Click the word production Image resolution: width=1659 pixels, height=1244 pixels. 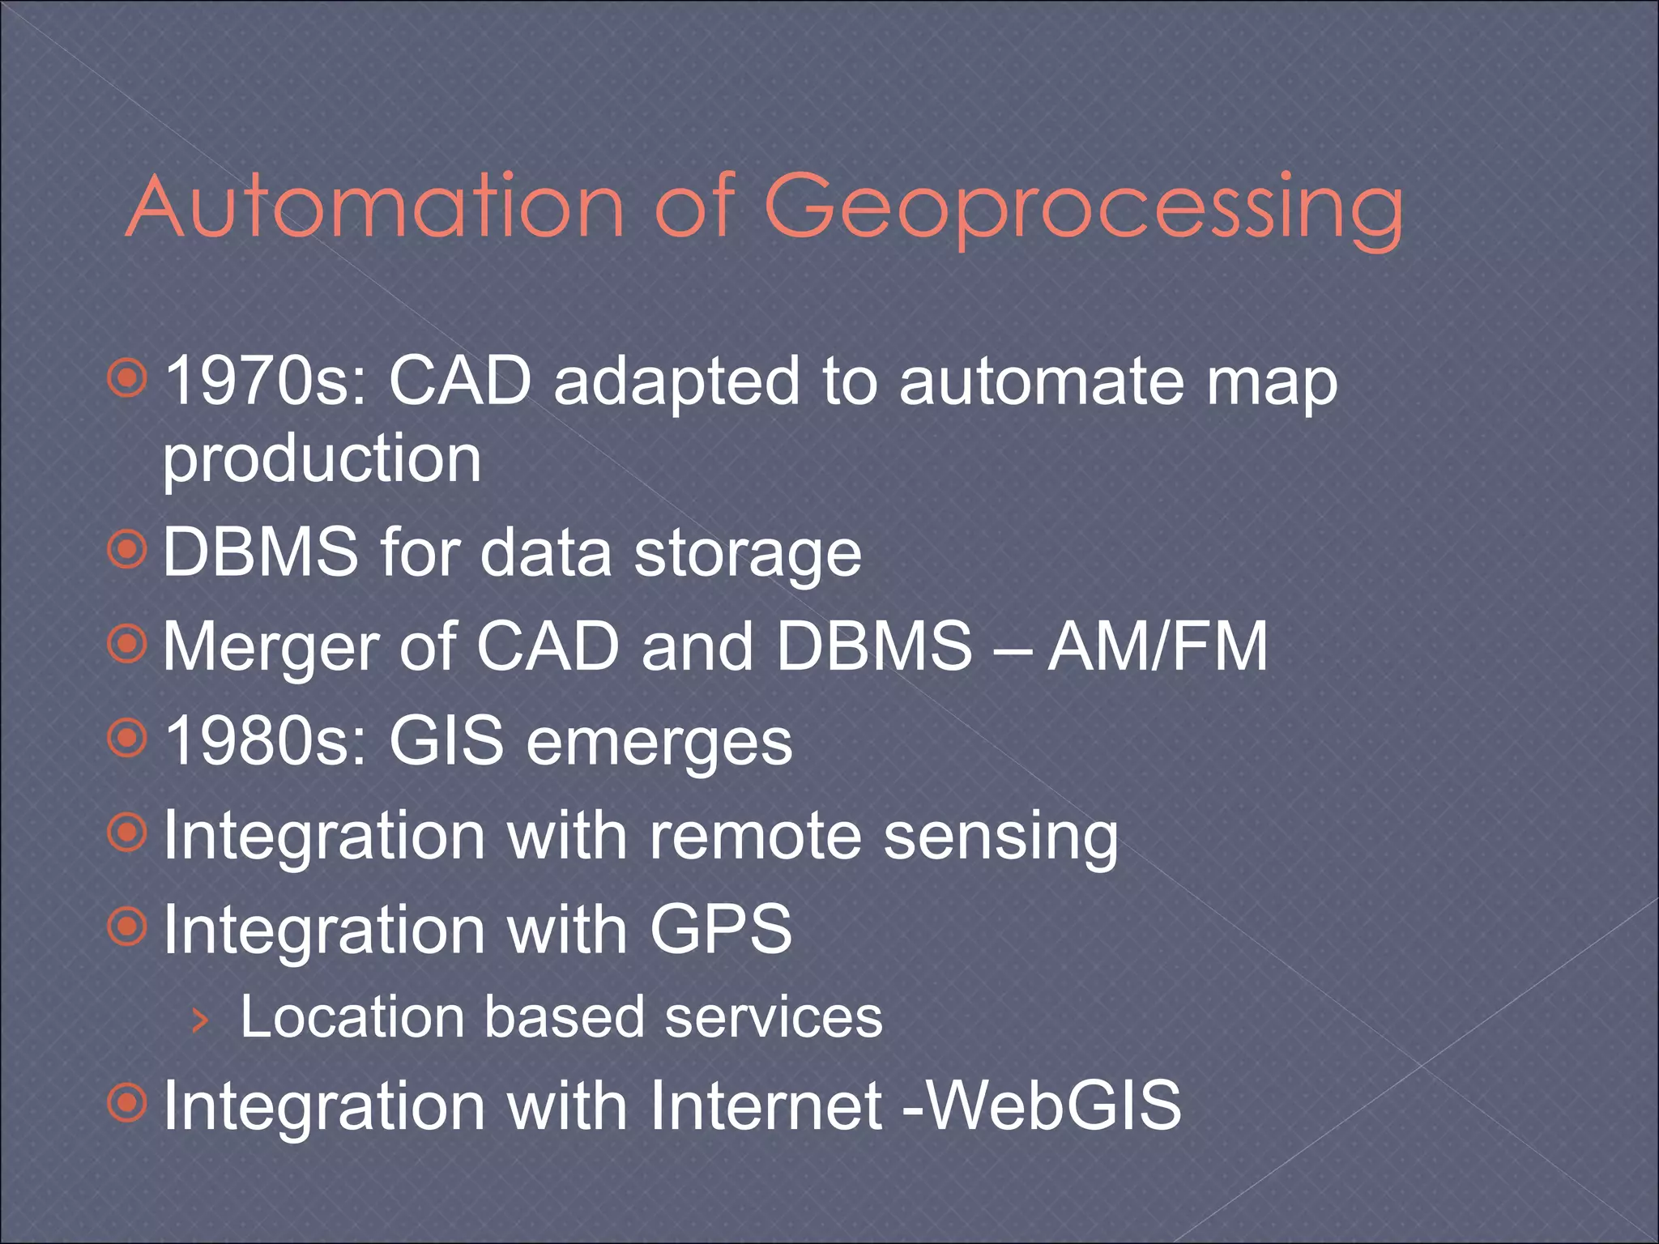click(x=322, y=459)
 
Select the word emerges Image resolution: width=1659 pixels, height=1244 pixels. click(x=659, y=743)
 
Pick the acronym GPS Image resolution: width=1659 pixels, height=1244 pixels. click(x=720, y=929)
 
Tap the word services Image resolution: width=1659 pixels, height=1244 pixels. click(x=774, y=1016)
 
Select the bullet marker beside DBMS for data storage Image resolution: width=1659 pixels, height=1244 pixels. click(x=127, y=551)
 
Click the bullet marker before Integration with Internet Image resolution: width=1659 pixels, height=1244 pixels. click(x=127, y=1103)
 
